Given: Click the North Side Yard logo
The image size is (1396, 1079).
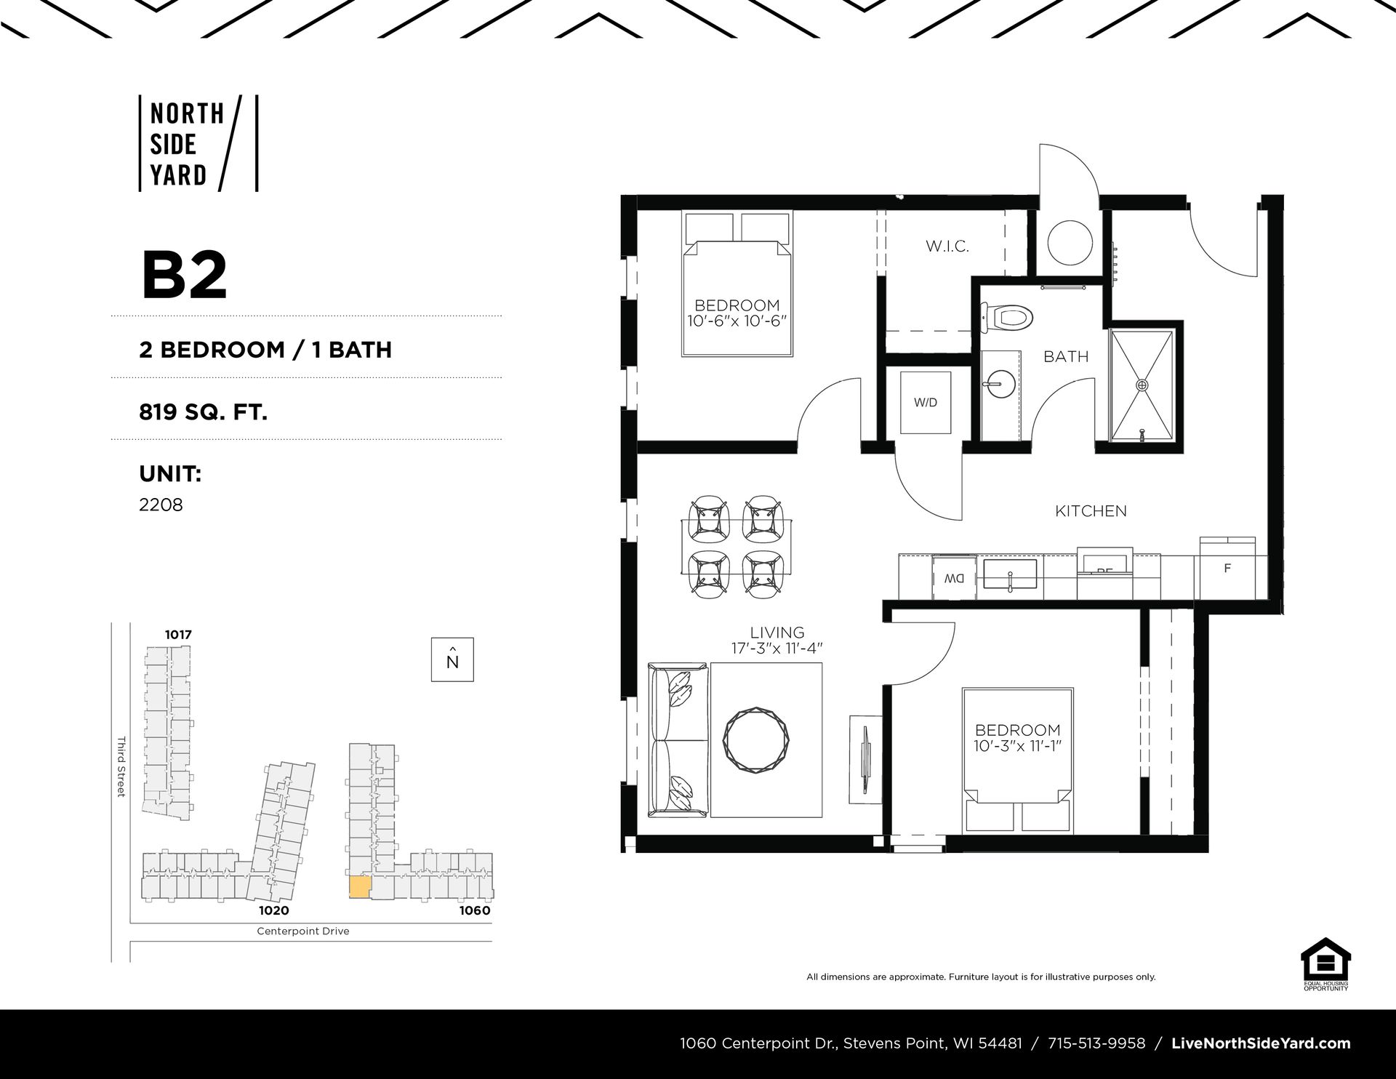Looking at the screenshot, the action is click(198, 143).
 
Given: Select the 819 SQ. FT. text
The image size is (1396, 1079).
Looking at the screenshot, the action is click(204, 412).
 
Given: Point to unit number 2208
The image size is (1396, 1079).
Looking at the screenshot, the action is click(161, 504).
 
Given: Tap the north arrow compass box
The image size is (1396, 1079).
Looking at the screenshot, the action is click(452, 659).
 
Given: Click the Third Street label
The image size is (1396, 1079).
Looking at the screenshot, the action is click(121, 766).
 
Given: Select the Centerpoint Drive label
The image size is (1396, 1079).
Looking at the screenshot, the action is click(303, 931).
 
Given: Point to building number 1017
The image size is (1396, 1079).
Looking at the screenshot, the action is click(178, 635).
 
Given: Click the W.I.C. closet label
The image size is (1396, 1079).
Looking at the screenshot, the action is click(947, 246).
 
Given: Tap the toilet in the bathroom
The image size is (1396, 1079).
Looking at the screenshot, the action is click(1008, 317).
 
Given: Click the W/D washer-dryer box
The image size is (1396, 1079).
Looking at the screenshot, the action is click(926, 402).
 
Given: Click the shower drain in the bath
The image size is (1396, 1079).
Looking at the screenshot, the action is click(1142, 385).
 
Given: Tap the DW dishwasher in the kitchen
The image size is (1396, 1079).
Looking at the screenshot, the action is click(955, 579).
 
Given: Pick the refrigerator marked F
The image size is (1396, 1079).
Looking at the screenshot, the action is click(1228, 569).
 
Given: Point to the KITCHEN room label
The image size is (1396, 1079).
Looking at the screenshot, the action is click(1091, 511).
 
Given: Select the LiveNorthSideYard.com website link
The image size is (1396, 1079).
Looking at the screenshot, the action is click(1261, 1043).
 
